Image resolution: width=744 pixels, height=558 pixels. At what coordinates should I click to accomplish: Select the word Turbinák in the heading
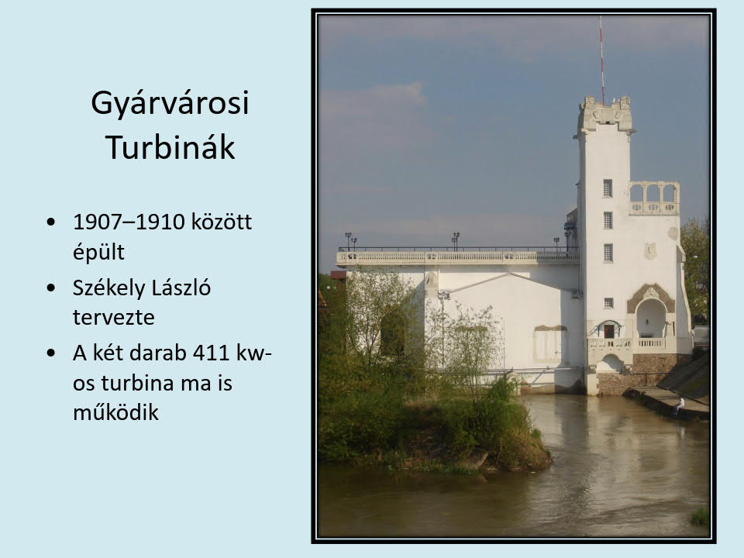[x=170, y=147]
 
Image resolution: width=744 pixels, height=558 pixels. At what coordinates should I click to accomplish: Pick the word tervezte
[x=113, y=318]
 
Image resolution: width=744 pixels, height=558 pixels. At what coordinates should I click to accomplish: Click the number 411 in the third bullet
[x=211, y=353]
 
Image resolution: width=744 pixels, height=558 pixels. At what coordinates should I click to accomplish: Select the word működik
[x=115, y=412]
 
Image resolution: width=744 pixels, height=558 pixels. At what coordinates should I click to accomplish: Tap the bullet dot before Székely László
[x=51, y=288]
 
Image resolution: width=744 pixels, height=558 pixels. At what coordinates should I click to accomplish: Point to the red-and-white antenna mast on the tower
[x=601, y=60]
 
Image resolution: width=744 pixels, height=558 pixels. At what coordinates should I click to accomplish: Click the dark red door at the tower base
[x=609, y=331]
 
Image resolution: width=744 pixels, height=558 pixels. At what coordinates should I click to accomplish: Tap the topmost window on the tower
[x=608, y=188]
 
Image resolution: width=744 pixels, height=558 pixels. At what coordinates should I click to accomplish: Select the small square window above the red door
[x=608, y=303]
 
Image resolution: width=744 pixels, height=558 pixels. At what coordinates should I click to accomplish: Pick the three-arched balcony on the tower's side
[x=654, y=198]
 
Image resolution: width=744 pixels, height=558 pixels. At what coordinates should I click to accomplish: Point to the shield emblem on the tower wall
[x=650, y=251]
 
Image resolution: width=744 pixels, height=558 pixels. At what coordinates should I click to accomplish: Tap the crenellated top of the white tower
[x=605, y=114]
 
